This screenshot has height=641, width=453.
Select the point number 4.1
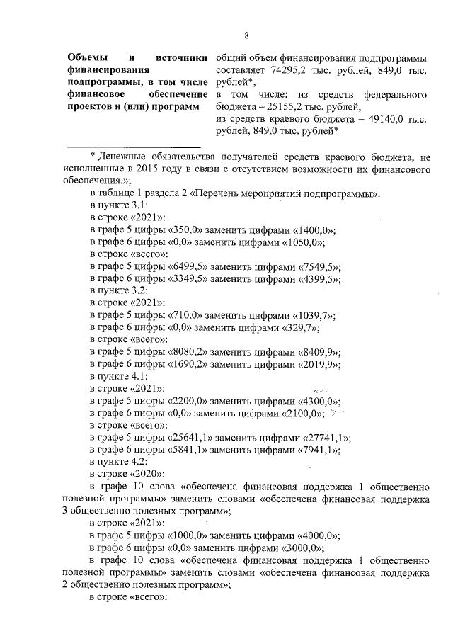pos(138,376)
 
